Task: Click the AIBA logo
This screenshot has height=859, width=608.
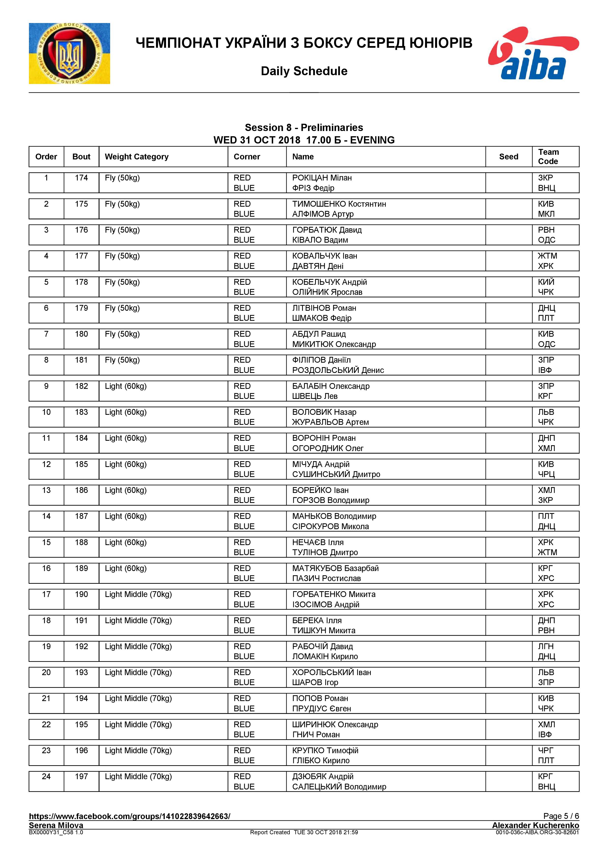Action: [533, 53]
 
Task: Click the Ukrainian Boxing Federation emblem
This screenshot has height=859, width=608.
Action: [69, 53]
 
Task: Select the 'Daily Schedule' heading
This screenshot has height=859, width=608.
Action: [304, 71]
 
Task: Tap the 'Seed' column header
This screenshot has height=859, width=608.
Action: [508, 157]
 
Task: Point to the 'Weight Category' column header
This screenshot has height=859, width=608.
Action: [136, 157]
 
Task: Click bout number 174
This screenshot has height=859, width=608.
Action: [81, 178]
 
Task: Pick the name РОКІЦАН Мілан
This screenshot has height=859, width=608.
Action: [322, 178]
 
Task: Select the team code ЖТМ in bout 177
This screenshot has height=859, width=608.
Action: [547, 256]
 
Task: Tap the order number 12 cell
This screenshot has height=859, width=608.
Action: [46, 464]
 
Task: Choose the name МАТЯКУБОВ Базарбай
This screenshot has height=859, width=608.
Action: [335, 568]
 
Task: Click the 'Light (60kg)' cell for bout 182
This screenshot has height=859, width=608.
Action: [126, 386]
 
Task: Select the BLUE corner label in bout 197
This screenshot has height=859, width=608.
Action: [244, 787]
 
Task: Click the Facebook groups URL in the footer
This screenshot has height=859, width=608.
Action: [129, 816]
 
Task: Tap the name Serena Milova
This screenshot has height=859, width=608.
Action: [56, 825]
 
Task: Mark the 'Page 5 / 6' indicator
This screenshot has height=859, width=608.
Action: [561, 816]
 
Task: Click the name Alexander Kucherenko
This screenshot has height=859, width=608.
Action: [535, 825]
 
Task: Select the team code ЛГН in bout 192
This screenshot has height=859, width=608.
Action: [546, 646]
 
